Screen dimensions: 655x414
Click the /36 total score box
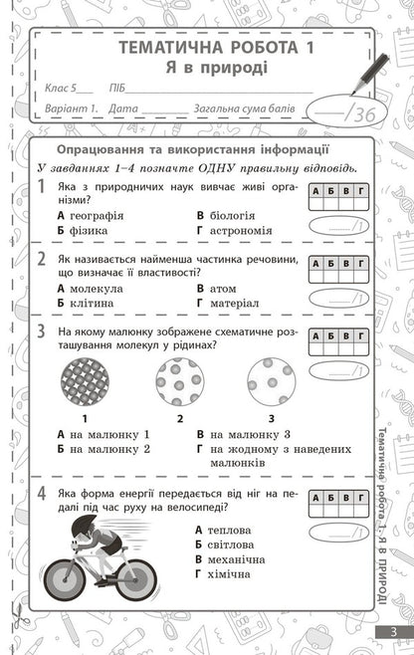pyautogui.click(x=342, y=113)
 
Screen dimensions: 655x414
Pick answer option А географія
pyautogui.click(x=91, y=215)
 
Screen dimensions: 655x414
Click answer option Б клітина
pyautogui.click(x=86, y=303)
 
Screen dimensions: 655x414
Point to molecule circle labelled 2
pyautogui.click(x=179, y=381)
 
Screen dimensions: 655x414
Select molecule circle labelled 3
pyautogui.click(x=272, y=381)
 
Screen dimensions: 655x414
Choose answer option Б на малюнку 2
pyautogui.click(x=103, y=449)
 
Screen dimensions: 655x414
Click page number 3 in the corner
pyautogui.click(x=393, y=633)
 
